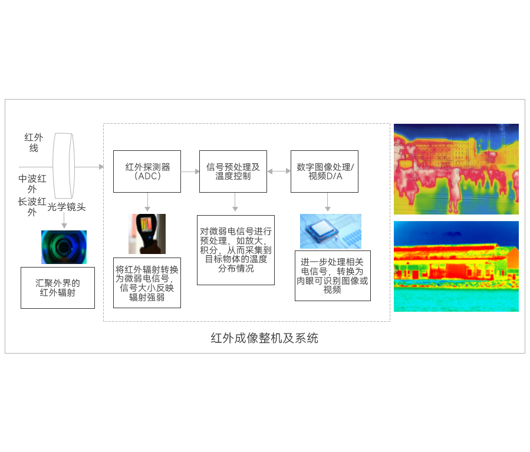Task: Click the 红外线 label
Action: point(34,142)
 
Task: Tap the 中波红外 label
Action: point(32,184)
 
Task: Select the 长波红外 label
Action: point(32,207)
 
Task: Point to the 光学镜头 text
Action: point(67,206)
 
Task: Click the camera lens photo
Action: point(64,246)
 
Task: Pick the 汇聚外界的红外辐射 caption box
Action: point(57,287)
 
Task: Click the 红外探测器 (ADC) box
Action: point(146,171)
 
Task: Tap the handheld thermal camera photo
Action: point(147,233)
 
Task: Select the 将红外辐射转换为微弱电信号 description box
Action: point(146,282)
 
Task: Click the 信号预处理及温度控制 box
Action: point(232,171)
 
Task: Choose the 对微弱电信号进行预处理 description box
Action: point(235,250)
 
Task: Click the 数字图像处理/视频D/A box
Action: point(324,171)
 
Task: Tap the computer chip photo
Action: point(330,231)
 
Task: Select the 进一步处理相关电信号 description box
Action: point(333,275)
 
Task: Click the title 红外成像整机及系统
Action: point(264,338)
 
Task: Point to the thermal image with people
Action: point(456,169)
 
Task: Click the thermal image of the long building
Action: point(456,266)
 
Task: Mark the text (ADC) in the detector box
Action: point(147,176)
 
